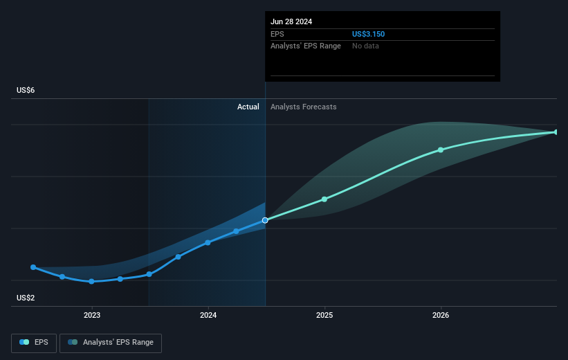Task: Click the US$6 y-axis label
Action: [x=26, y=91]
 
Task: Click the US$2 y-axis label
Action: [x=26, y=298]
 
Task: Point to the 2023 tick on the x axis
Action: [x=91, y=315]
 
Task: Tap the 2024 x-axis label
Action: [x=208, y=315]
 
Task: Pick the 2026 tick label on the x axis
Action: [x=441, y=315]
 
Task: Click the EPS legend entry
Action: [x=34, y=342]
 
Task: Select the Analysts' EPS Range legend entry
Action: [x=111, y=342]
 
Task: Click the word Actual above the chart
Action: [x=248, y=107]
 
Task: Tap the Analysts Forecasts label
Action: [x=304, y=107]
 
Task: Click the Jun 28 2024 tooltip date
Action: [x=291, y=21]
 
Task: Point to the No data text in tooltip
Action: [x=365, y=46]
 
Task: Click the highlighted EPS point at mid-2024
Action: [x=265, y=220]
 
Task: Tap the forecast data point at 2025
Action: [x=324, y=199]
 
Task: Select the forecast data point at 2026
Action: [x=441, y=150]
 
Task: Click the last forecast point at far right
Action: [x=556, y=132]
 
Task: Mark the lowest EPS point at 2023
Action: [x=91, y=281]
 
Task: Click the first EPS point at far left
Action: [x=33, y=267]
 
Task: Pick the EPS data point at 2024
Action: [x=208, y=242]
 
